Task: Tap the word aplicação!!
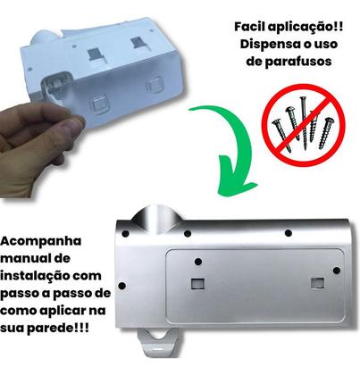pos(309,27)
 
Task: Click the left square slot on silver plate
pos(197,284)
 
